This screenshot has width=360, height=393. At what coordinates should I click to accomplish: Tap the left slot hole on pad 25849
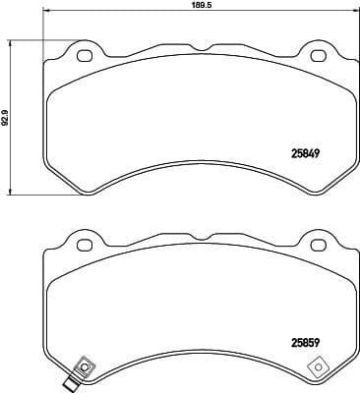[84, 54]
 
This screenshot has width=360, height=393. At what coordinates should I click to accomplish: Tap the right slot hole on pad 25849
[318, 54]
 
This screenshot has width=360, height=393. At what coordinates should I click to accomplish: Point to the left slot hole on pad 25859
[84, 246]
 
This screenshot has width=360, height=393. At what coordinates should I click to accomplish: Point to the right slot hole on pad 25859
[318, 246]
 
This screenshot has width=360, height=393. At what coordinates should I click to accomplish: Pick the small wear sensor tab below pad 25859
[70, 385]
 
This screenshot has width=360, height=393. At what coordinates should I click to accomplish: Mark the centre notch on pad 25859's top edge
[201, 239]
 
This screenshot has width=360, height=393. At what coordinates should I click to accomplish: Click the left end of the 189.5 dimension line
[42, 13]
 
